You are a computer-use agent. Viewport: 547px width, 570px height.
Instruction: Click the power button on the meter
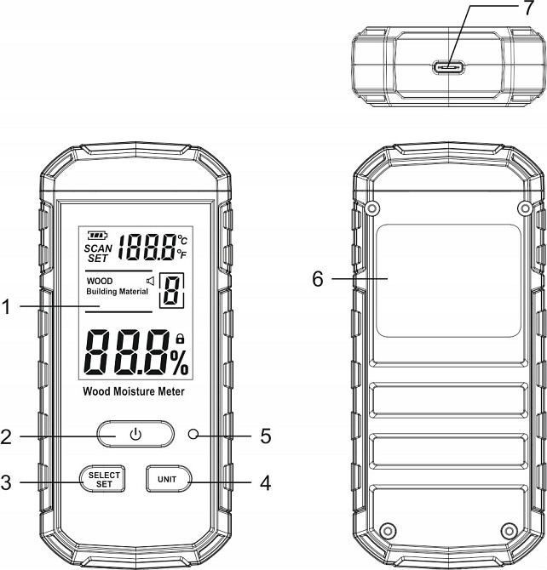coord(135,434)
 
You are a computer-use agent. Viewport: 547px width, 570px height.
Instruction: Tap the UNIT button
coord(169,479)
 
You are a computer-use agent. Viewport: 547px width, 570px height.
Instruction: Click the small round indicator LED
coord(193,434)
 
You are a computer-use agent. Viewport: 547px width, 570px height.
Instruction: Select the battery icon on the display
coord(98,236)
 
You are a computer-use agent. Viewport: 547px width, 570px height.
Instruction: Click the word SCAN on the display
coord(98,248)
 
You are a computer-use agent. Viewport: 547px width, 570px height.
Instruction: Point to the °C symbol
coord(182,240)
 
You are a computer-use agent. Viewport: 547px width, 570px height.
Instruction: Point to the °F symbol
coord(182,254)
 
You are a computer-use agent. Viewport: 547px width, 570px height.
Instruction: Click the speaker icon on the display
coord(150,281)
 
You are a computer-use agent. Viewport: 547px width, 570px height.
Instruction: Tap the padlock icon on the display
coord(180,339)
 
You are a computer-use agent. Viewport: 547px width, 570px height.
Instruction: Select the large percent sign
coord(180,362)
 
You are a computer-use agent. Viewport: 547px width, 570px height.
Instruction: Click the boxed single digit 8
coord(171,290)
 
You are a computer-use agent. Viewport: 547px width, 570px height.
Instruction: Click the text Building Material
coord(117,292)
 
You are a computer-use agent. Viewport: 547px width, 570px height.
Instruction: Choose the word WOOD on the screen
coord(100,281)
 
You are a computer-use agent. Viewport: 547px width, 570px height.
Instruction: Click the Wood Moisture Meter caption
coord(134,391)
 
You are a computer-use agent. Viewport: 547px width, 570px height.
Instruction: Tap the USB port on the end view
coord(448,67)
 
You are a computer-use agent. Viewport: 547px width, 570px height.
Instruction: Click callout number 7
coord(529,8)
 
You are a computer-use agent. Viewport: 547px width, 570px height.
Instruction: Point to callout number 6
coord(318,279)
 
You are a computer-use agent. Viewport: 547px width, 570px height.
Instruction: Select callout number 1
coord(6,306)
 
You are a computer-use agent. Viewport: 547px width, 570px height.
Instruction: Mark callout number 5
coord(266,436)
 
